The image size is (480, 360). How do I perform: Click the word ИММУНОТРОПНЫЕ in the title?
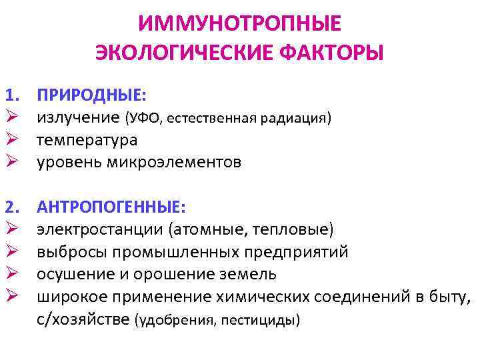click(x=240, y=24)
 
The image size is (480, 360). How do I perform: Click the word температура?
click(x=87, y=140)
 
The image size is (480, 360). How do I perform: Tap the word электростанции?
click(x=99, y=229)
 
